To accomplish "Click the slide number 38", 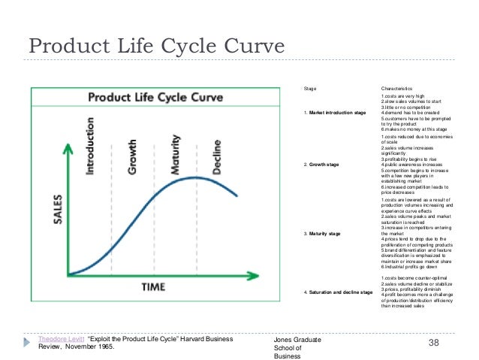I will [433, 343].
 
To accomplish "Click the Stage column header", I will [309, 89].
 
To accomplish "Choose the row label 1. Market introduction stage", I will [335, 113].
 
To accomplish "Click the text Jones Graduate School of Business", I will [298, 348].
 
